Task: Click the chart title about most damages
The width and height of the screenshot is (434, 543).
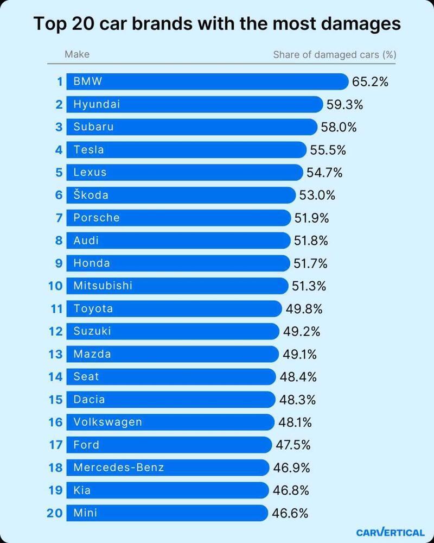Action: tap(217, 24)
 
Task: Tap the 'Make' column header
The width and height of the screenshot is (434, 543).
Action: tap(76, 54)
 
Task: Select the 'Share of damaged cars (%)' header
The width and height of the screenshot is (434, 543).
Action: tap(334, 54)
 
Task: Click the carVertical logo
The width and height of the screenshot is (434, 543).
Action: tap(390, 532)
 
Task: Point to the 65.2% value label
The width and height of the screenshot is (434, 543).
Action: tap(371, 82)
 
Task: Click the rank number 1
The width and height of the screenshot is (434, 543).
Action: tap(60, 82)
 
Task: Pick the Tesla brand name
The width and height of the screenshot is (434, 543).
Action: tap(88, 150)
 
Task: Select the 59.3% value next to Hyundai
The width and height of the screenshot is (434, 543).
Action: tap(344, 104)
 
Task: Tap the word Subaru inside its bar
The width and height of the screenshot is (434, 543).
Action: tap(93, 127)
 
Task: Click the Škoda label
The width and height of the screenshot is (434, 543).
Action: tap(91, 195)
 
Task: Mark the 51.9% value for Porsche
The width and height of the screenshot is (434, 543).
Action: tap(311, 218)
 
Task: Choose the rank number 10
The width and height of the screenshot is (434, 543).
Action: tap(56, 286)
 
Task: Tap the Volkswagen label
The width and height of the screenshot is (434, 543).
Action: tap(107, 422)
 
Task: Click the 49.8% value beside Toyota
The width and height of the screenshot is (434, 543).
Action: tap(304, 309)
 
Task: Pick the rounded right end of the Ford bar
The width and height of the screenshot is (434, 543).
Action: tap(267, 445)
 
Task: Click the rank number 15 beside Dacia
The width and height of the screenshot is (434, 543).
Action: tap(56, 400)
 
